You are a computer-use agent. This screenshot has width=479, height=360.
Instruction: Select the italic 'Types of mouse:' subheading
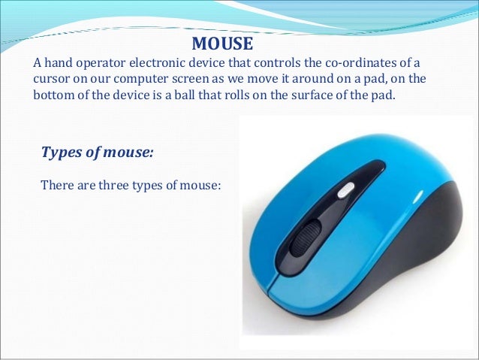click(x=98, y=153)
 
